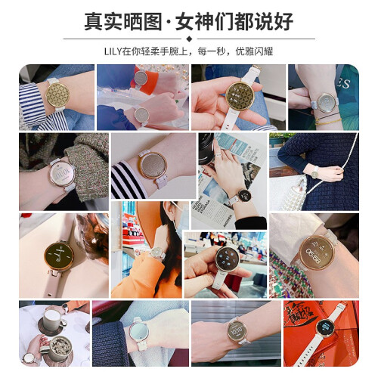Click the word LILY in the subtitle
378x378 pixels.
point(113,51)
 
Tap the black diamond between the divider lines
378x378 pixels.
point(189,39)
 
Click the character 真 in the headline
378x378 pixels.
point(94,21)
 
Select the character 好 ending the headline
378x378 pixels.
point(284,21)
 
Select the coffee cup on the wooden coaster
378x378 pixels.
point(52,320)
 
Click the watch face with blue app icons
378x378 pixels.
point(228,259)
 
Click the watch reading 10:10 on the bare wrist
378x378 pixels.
point(237,330)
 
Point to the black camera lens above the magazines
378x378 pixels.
point(206,149)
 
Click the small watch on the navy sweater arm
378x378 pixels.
point(314,174)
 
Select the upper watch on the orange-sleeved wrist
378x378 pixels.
point(141,78)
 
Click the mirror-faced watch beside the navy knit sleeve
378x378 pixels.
point(138,330)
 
